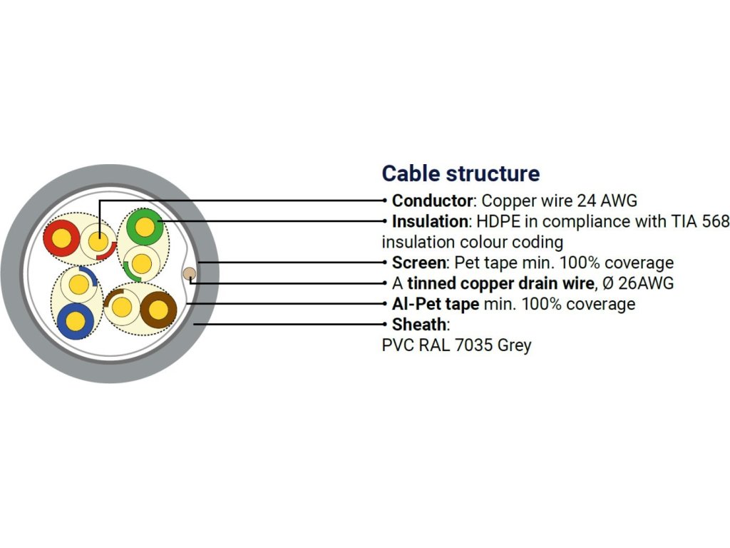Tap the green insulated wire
(145, 228)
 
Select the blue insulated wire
(75, 320)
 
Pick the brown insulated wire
(158, 309)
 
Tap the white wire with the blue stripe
(77, 285)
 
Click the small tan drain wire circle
(190, 274)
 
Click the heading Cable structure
(461, 173)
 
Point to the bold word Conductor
(432, 201)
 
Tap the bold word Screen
(418, 263)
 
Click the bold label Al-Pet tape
(435, 304)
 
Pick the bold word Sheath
(418, 325)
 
